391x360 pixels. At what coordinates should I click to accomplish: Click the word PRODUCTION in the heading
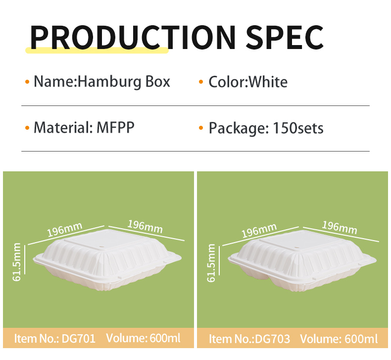tap(133, 38)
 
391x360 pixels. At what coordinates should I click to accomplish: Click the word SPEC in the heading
tap(285, 38)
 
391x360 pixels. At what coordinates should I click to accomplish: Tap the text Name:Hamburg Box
tap(102, 82)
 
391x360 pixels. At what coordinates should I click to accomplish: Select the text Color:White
tap(248, 82)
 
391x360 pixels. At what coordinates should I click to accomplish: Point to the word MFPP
tap(115, 127)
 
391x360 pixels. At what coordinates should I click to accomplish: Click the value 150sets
tap(298, 128)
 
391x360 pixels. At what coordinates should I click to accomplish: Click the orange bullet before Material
tap(27, 128)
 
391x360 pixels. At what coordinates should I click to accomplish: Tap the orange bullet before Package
tap(201, 128)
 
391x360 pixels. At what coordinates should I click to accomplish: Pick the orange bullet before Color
tap(201, 82)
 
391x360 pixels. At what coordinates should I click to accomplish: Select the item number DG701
tap(79, 339)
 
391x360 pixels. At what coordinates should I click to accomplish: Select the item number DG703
tap(273, 339)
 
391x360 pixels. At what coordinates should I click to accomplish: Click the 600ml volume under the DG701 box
tap(165, 338)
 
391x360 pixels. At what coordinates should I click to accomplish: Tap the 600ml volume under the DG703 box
tap(361, 339)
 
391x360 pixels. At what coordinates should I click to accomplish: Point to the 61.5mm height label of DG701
tap(17, 261)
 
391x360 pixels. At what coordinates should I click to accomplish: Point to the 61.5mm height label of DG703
tap(211, 263)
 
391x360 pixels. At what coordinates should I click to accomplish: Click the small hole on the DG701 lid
tap(102, 248)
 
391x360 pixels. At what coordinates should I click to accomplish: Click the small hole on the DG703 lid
tap(296, 248)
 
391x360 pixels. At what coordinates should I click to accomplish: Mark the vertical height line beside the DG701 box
tap(25, 259)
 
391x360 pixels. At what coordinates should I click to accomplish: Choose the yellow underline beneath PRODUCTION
tap(97, 50)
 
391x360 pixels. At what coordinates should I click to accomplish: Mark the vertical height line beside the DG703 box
tap(219, 260)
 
